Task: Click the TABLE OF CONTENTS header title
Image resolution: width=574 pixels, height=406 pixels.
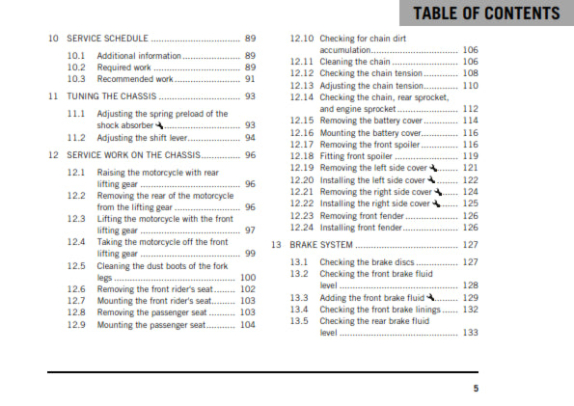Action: tap(486, 14)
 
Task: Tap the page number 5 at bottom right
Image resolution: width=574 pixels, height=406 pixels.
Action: tap(475, 388)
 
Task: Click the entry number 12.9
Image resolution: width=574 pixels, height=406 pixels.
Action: tap(78, 325)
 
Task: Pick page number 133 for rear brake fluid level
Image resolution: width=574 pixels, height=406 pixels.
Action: tap(471, 333)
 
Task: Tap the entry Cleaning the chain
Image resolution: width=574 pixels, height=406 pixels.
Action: tap(360, 61)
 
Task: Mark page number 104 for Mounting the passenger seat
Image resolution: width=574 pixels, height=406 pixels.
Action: tap(248, 325)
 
